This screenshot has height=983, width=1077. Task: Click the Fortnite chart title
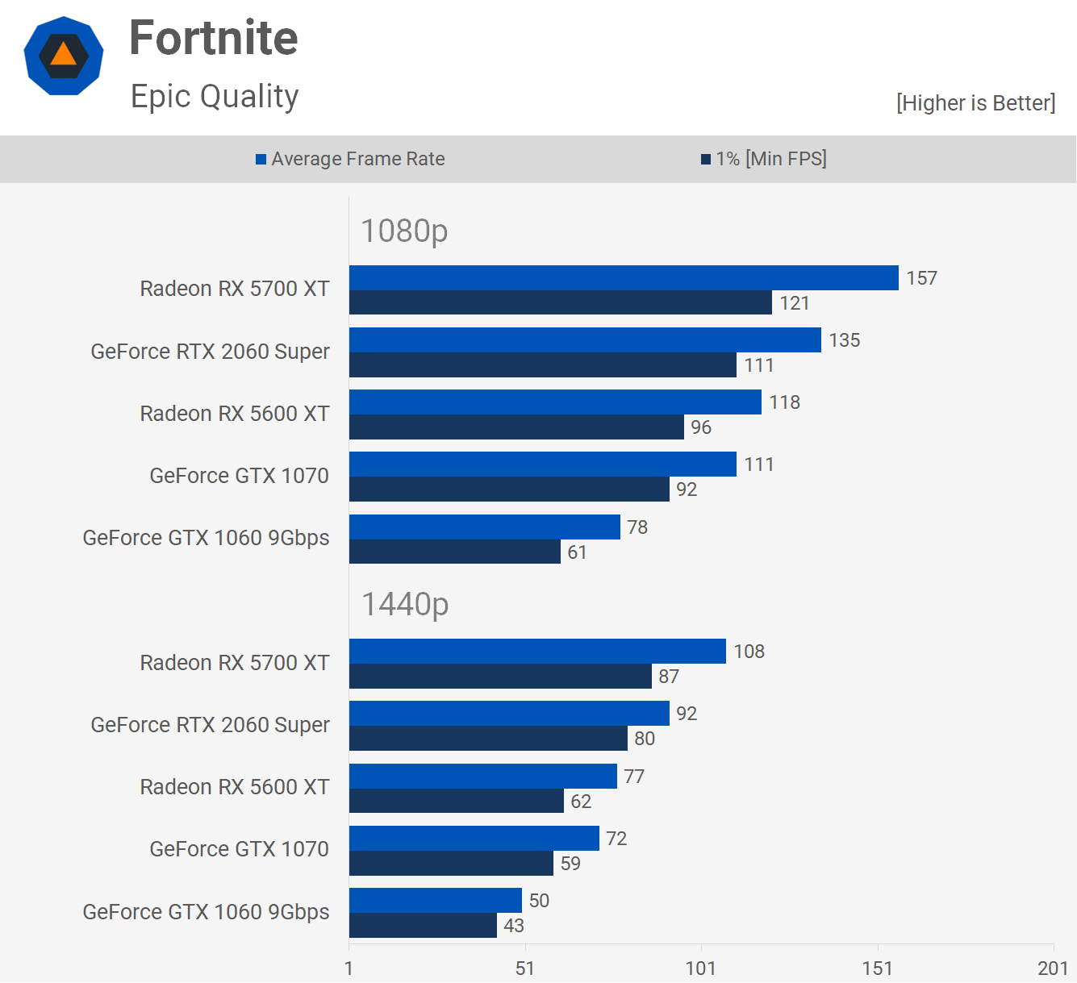click(x=214, y=38)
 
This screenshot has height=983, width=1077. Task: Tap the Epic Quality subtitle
click(x=215, y=97)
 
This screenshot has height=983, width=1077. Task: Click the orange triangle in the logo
click(x=64, y=55)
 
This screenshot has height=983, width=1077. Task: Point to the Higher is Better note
click(x=975, y=103)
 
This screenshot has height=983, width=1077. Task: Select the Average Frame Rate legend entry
click(x=350, y=159)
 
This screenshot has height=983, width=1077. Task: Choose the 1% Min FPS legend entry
click(x=764, y=159)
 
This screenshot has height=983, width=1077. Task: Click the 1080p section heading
click(x=404, y=231)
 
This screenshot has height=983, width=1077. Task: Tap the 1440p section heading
click(x=405, y=604)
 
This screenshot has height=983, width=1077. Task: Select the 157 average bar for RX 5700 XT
click(x=624, y=277)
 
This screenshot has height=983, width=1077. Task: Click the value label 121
click(x=795, y=303)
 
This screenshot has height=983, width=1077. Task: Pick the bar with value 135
click(x=585, y=339)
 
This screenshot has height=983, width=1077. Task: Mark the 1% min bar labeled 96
click(x=516, y=427)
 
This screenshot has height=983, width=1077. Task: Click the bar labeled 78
click(x=484, y=527)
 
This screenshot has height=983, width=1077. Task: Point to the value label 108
click(x=749, y=652)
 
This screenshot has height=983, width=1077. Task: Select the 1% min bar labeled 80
click(x=488, y=739)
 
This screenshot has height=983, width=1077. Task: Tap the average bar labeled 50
click(x=436, y=900)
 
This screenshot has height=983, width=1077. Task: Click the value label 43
click(x=514, y=926)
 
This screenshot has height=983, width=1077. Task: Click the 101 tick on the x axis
click(x=700, y=968)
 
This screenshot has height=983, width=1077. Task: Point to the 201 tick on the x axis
click(x=1053, y=968)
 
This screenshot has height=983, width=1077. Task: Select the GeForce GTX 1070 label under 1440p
click(x=240, y=849)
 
